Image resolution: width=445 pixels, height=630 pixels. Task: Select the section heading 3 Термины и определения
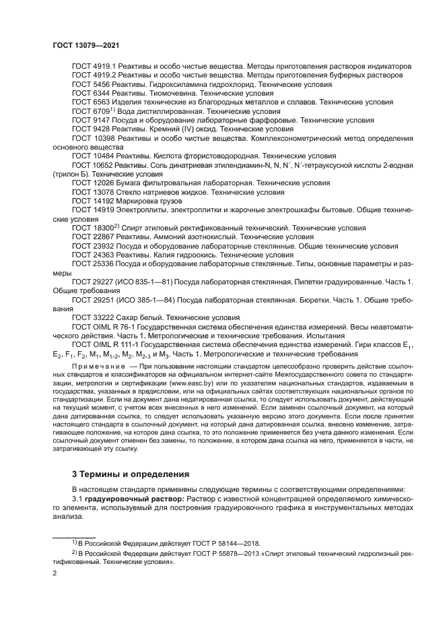[x=131, y=473]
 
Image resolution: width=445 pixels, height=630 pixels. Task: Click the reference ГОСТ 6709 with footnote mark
[x=90, y=111]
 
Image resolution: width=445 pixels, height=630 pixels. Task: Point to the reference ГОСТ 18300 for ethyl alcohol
[x=93, y=227]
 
